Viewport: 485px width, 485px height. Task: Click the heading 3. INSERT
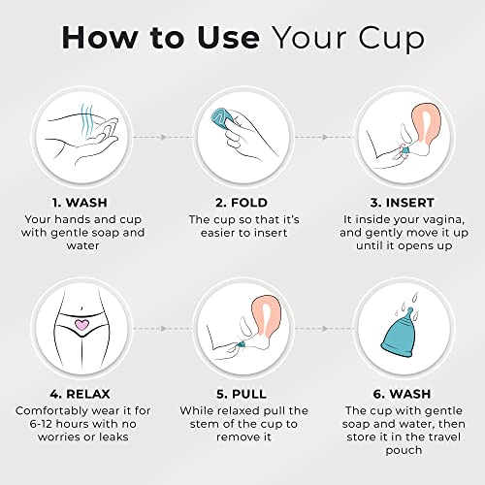[x=402, y=205]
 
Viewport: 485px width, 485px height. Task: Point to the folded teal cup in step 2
[x=230, y=122]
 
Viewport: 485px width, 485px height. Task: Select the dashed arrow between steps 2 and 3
[x=322, y=138]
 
